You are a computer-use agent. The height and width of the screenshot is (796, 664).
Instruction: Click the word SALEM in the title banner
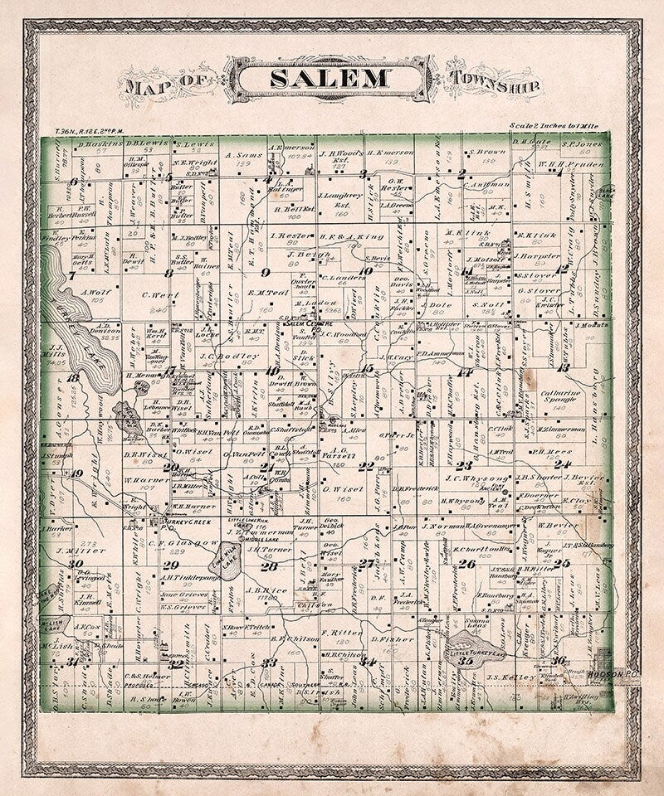click(x=330, y=79)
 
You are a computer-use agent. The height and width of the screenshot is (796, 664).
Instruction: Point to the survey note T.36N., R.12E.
click(x=88, y=131)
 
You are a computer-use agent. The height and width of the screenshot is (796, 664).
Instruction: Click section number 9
click(x=266, y=272)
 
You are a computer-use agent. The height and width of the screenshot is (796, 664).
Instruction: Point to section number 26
click(x=467, y=564)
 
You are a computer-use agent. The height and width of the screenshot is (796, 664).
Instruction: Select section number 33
click(x=268, y=663)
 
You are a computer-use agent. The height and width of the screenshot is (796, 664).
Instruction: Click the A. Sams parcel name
click(x=227, y=155)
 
